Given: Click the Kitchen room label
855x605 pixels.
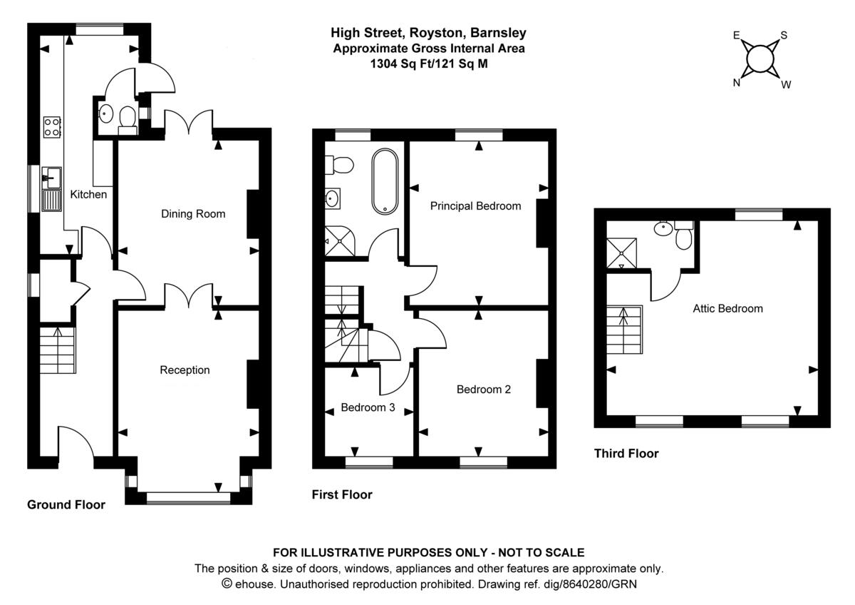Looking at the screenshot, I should point(88,194).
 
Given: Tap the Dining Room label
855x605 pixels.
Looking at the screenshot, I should point(192,214).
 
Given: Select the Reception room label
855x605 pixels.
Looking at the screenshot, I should point(185,370).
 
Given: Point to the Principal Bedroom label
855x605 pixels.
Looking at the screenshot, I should point(475,206).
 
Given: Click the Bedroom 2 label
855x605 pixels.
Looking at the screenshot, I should point(483,390).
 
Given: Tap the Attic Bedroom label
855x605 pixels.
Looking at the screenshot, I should point(727,309).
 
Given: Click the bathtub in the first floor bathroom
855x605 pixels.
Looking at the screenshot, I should point(385,181).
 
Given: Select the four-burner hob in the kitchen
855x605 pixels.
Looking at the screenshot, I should point(52,126).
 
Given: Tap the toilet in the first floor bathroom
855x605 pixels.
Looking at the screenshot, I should point(339,166).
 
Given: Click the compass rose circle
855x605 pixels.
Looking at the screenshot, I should point(761,57).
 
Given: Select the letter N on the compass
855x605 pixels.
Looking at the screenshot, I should point(737,82).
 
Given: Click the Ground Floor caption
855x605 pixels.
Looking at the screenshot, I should point(66,505).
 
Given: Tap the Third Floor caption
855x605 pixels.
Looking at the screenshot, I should point(626,454).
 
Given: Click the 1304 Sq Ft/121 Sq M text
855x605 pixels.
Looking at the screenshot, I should point(428,63).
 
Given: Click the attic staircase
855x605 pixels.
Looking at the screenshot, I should point(625,330).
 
